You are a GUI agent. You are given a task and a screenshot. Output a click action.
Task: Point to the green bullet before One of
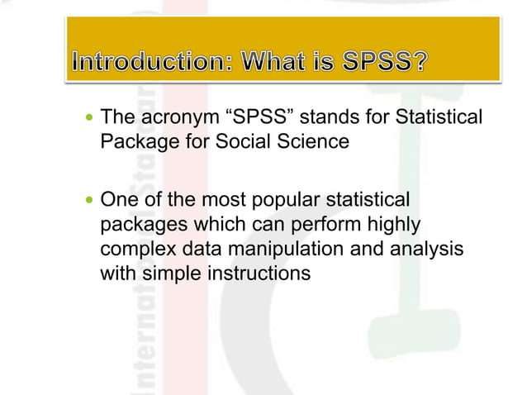click(x=91, y=201)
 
